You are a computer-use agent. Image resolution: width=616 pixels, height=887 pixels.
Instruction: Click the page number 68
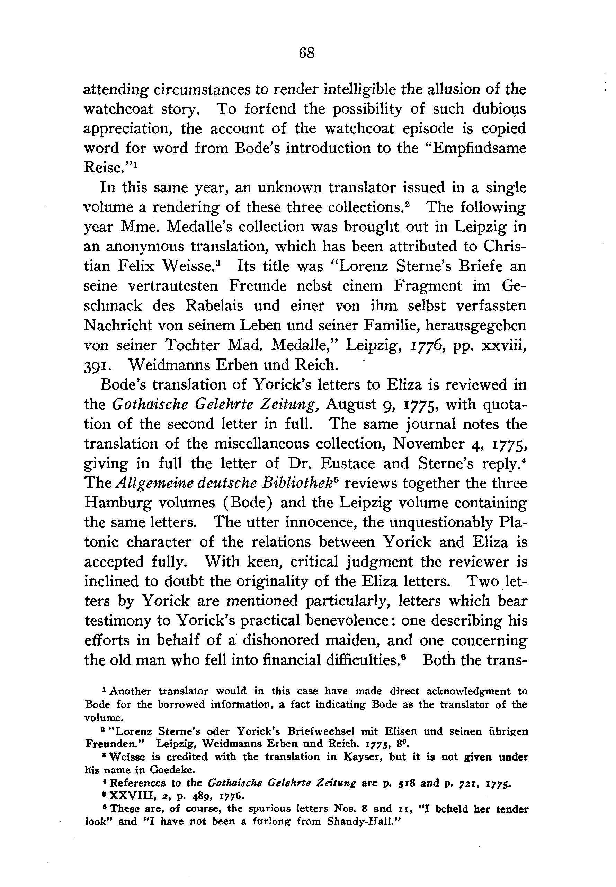pos(307,53)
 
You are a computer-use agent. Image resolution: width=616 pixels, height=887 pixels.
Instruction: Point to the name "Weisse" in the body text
pos(187,266)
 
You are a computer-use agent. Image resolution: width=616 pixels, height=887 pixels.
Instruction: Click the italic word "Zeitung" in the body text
pos(289,405)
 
